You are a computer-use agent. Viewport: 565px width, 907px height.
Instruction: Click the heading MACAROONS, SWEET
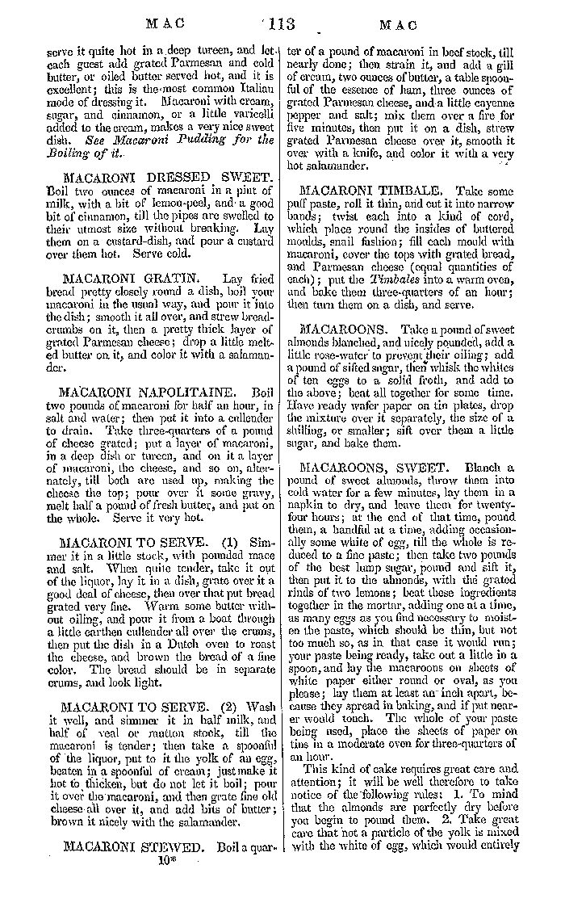(366, 468)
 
